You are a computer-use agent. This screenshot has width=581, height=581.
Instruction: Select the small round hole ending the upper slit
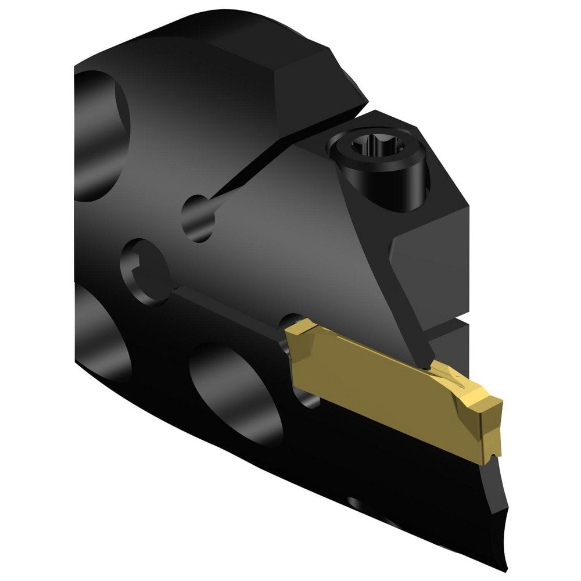[x=198, y=218]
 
